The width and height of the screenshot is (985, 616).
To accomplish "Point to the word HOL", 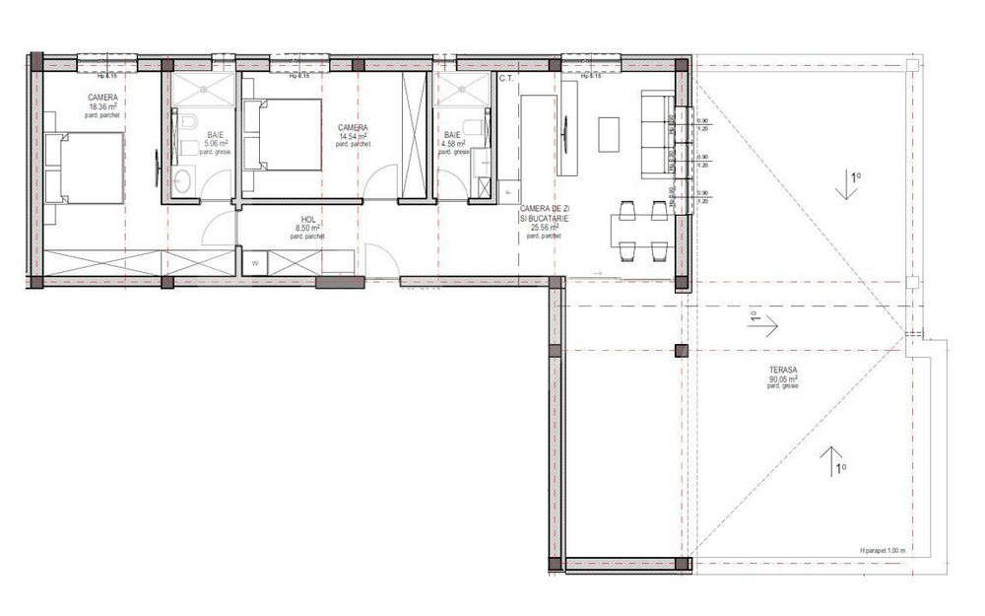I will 309,221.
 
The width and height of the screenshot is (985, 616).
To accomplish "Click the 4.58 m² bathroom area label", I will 453,143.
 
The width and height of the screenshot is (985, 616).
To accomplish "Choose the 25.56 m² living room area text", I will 545,227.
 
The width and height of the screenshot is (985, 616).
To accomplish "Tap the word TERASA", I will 784,369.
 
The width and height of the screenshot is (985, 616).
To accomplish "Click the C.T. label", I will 508,78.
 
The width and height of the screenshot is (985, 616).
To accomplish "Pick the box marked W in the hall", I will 254,264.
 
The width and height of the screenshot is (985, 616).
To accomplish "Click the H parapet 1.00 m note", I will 881,550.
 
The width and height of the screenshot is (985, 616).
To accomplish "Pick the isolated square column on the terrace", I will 680,350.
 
